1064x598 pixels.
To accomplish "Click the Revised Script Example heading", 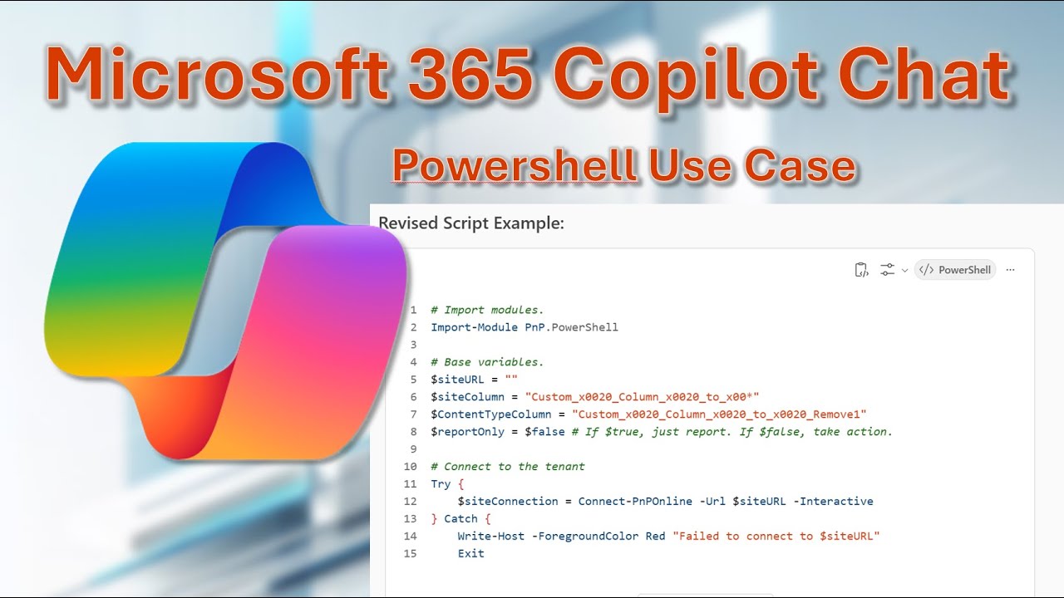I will [x=470, y=223].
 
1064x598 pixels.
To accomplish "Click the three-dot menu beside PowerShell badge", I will [x=1010, y=270].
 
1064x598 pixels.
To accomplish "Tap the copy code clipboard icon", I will [x=861, y=270].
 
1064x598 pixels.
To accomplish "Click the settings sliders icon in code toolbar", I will [x=888, y=270].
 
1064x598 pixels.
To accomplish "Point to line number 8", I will [x=413, y=432].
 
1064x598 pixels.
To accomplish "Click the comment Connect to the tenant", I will [x=514, y=467].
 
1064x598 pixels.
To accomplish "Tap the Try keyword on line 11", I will [x=441, y=484].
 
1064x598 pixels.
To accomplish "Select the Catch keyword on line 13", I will [x=461, y=519].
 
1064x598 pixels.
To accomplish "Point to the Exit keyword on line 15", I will [x=470, y=554].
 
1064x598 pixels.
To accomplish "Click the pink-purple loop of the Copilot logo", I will [x=332, y=341].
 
